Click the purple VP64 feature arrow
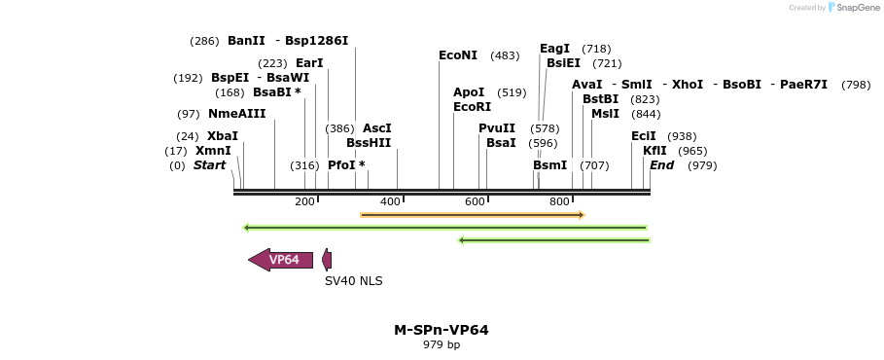[x=282, y=260]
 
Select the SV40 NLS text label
[x=354, y=281]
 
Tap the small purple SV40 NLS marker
[x=327, y=260]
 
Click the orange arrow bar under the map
[x=472, y=214]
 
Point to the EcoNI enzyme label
[x=458, y=55]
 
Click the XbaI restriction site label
[x=222, y=136]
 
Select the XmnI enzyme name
[x=213, y=151]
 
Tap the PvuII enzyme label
[x=496, y=128]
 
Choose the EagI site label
[x=554, y=49]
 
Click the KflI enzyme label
[x=654, y=151]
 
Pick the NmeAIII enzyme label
[x=236, y=114]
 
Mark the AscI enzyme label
[x=376, y=128]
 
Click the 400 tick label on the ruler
[x=390, y=201]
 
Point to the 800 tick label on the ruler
[x=559, y=201]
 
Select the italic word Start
[x=209, y=165]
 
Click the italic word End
[x=661, y=165]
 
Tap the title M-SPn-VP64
[x=442, y=330]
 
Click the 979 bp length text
[x=442, y=345]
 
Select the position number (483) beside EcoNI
[x=505, y=55]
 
